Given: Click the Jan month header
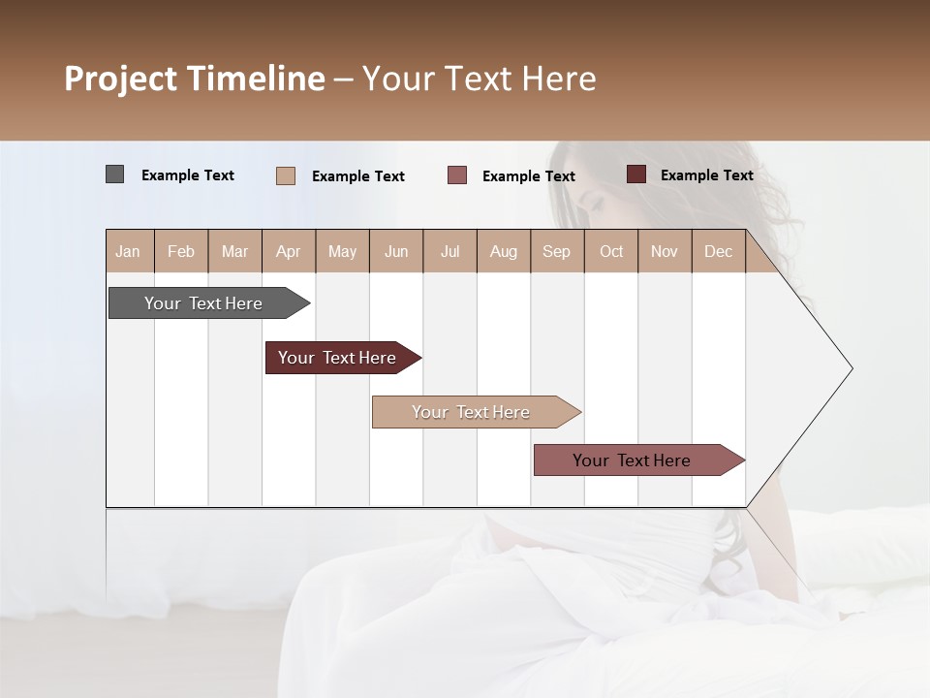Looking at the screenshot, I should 129,251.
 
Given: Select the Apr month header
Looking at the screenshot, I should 289,251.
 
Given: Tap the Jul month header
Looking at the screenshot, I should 449,251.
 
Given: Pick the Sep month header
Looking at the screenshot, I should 557,251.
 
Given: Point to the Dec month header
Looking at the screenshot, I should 718,251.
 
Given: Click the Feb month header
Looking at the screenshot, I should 181,251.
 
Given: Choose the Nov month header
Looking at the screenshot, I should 665,251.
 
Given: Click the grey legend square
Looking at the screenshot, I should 114,174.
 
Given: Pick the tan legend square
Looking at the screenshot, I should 285,175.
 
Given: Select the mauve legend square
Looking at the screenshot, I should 456,175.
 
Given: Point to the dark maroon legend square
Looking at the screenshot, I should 635,174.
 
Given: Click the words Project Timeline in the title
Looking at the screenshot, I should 194,79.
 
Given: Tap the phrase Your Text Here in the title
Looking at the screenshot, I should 479,79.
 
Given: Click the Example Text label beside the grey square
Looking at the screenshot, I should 188,175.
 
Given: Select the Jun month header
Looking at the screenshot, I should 396,251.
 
